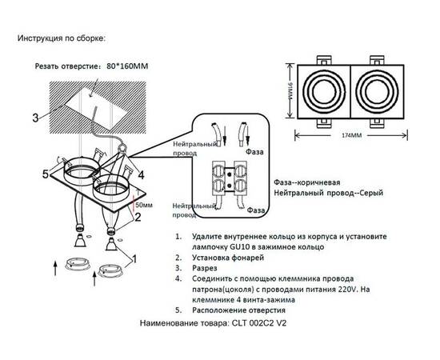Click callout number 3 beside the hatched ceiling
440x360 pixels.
click(x=35, y=118)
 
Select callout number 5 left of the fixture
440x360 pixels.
click(x=46, y=174)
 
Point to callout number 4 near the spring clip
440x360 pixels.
click(x=141, y=173)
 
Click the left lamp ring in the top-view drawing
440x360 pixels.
click(x=324, y=94)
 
